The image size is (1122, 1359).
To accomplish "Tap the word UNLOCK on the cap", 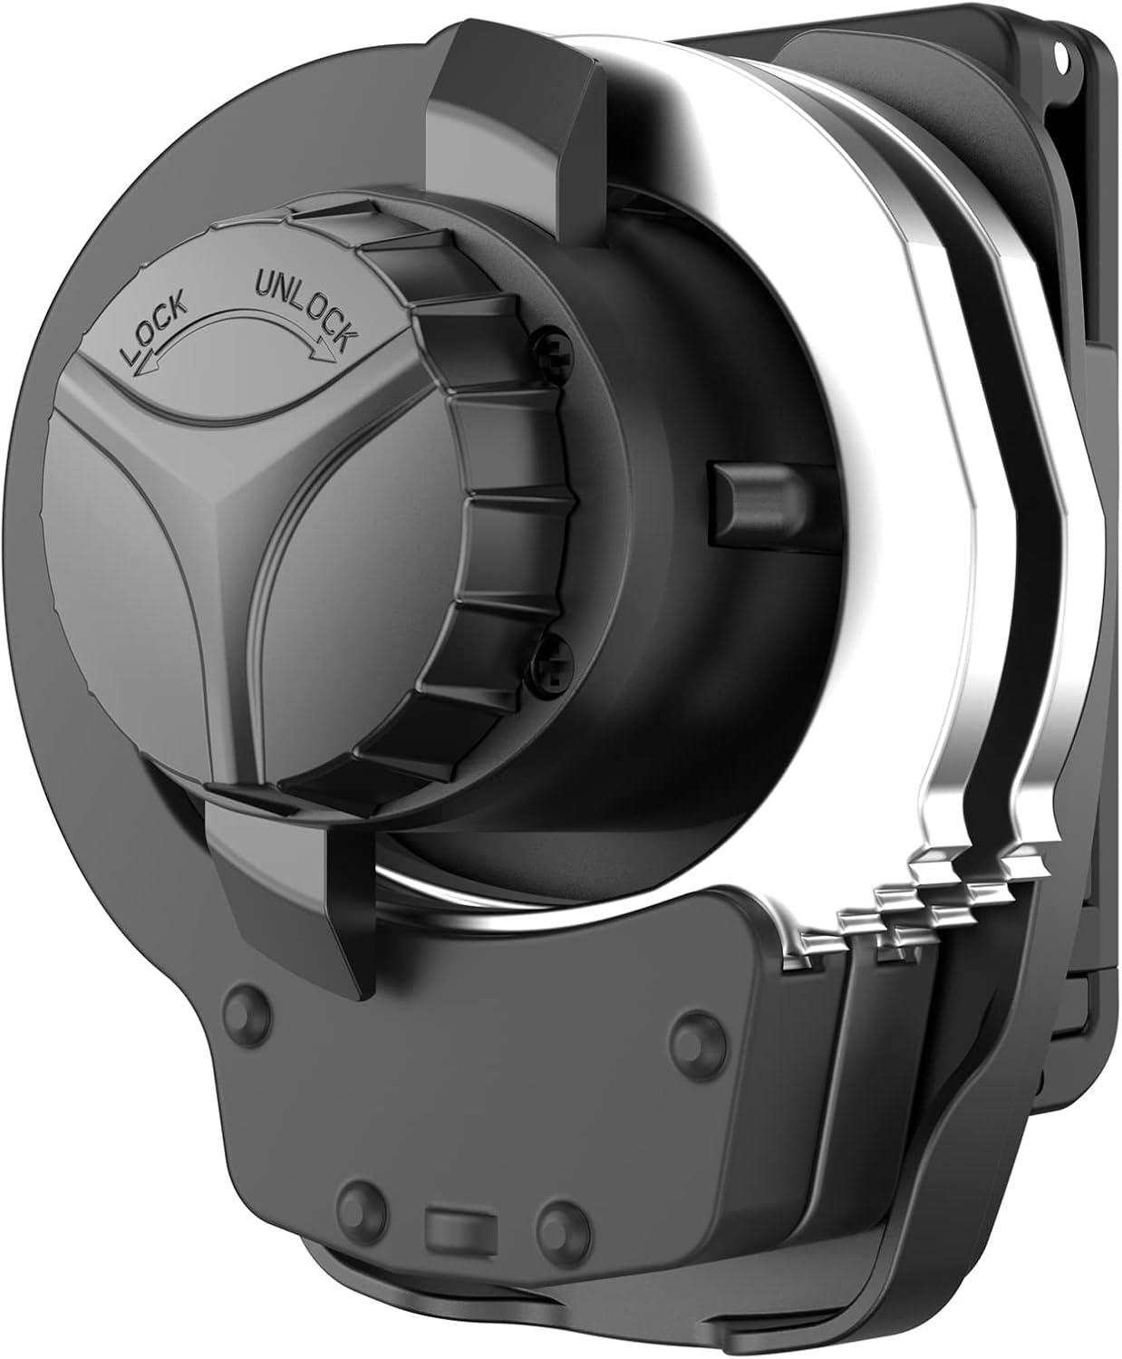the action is point(306,307).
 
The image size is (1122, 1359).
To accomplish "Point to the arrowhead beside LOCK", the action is point(142,370).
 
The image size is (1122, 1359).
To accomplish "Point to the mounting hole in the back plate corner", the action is point(1066,63).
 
